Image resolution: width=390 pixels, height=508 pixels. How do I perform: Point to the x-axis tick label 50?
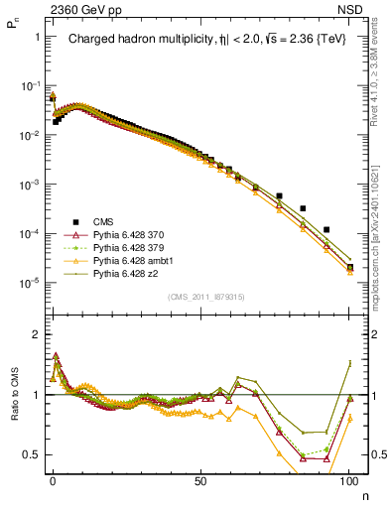coord(200,478)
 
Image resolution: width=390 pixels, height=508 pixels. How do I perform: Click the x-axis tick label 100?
coord(348,478)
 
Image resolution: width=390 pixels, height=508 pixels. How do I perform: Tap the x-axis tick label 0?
coord(53,478)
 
